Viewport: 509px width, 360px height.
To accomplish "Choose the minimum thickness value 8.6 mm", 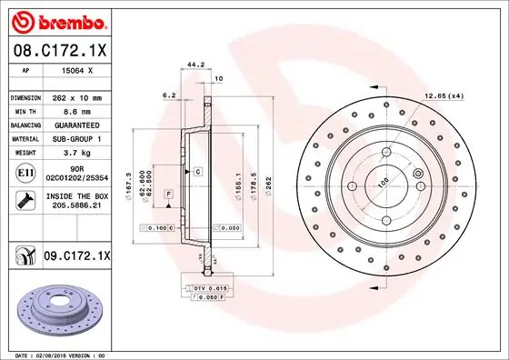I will pos(76,111).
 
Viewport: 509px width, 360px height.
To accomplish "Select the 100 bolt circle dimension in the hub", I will pos(383,182).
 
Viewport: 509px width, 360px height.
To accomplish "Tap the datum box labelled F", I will pos(168,195).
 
